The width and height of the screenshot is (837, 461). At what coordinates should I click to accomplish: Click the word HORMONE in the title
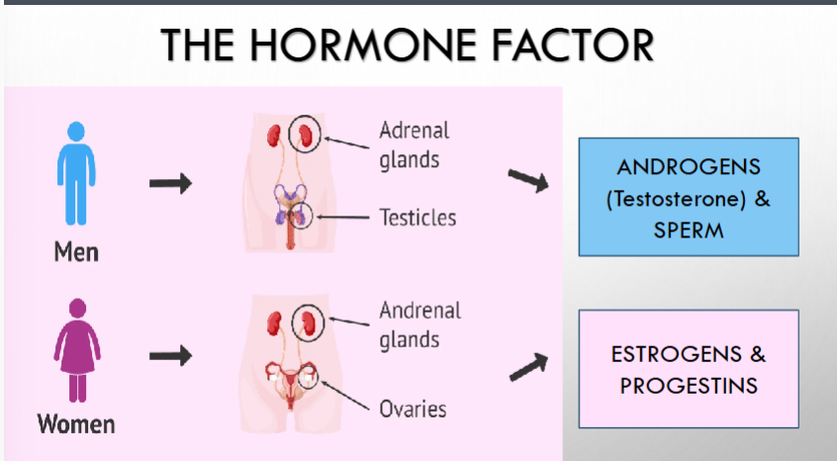[362, 45]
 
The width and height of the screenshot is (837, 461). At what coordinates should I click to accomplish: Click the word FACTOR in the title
[572, 45]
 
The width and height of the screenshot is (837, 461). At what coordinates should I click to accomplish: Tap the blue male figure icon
[76, 173]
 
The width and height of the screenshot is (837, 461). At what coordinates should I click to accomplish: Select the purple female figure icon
[77, 350]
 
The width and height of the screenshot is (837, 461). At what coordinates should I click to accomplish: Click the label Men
[76, 252]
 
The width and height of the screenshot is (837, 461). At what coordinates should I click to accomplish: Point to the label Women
[76, 424]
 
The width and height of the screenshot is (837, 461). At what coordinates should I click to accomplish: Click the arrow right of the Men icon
[170, 183]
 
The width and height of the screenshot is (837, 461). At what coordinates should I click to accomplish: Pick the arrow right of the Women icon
[170, 355]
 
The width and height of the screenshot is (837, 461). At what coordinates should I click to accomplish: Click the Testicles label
[418, 218]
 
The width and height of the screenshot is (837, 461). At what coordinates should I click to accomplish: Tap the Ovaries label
[413, 410]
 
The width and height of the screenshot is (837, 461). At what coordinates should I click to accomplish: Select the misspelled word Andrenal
[420, 311]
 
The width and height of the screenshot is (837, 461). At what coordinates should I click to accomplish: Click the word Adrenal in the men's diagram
[415, 131]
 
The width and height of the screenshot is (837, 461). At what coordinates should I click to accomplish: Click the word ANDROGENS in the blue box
[689, 167]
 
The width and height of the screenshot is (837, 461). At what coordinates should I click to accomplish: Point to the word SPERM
[689, 230]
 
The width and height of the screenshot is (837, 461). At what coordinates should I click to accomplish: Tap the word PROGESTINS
[689, 386]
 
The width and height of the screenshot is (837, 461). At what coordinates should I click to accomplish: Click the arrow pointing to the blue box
[528, 180]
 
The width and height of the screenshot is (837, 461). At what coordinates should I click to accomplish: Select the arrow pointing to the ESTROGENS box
[528, 367]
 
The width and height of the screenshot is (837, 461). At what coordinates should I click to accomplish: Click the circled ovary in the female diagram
[309, 375]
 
